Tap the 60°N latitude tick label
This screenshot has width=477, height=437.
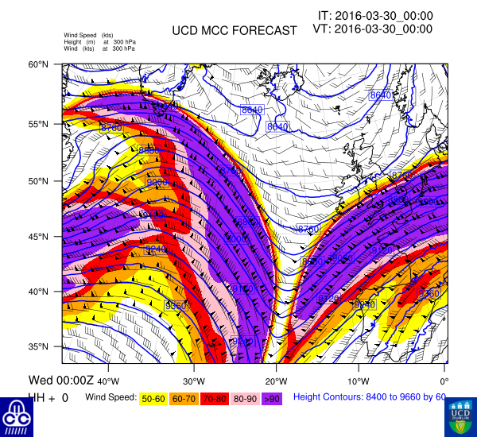41,64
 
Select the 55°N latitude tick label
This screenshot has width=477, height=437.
41,125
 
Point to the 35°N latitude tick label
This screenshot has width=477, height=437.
41,346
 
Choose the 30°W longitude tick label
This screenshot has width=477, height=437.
194,367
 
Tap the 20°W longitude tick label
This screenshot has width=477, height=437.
277,367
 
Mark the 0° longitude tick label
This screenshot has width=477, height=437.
444,367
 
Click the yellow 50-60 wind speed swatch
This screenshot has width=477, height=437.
154,397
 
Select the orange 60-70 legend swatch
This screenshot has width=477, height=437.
184,397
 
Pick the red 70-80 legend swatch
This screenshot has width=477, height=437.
214,397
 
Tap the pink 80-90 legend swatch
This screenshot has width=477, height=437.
244,397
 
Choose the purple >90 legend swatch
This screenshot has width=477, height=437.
271,397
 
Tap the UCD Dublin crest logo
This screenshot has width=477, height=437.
460,416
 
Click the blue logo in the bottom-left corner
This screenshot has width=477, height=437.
17,416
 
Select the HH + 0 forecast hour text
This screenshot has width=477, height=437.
48,397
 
